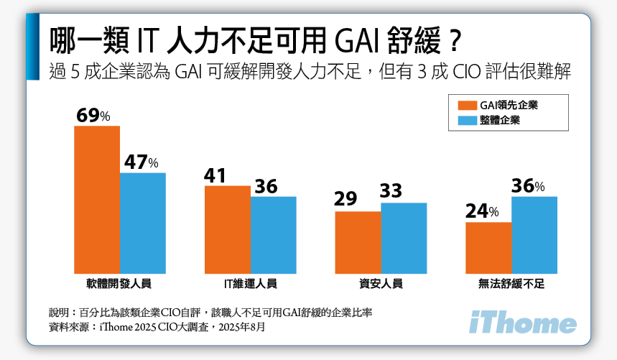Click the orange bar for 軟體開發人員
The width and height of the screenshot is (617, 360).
(x=97, y=199)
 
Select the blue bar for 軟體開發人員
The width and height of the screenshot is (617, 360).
(x=143, y=223)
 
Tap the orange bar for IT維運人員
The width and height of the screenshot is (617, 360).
(x=228, y=229)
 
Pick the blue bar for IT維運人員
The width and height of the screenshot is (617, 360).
(x=274, y=235)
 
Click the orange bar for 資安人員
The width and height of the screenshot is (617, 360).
(x=358, y=242)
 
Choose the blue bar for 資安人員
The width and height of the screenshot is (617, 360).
(x=404, y=238)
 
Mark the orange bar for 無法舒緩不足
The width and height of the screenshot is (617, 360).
(x=488, y=248)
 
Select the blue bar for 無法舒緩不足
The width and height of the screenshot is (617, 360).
(x=534, y=235)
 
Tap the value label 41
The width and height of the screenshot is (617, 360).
(x=216, y=175)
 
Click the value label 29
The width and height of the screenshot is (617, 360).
(x=345, y=199)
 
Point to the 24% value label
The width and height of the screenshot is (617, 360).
(x=481, y=211)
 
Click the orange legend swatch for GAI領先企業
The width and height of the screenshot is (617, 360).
(x=466, y=106)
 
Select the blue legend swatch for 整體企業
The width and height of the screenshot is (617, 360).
(x=466, y=121)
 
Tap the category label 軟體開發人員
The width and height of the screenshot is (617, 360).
(x=120, y=284)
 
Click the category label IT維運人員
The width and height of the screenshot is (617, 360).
(x=251, y=284)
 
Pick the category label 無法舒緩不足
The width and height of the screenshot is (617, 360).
(x=511, y=284)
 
